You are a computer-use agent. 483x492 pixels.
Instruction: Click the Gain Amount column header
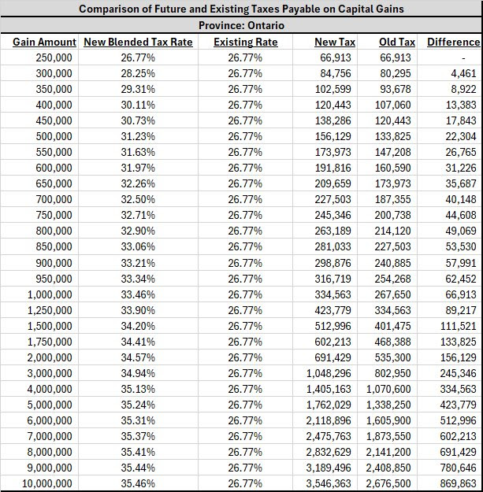click(44, 42)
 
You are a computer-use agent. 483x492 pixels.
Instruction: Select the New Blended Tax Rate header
click(138, 42)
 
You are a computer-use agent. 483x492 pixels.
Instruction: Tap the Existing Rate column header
click(246, 42)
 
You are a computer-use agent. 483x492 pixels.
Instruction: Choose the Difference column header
click(454, 42)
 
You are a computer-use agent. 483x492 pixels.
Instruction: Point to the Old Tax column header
click(397, 42)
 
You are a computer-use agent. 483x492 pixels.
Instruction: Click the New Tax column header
click(335, 42)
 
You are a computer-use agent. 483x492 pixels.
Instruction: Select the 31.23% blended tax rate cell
click(138, 136)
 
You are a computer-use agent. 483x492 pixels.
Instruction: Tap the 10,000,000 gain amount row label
click(47, 483)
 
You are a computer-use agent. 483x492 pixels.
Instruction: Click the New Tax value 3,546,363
click(329, 483)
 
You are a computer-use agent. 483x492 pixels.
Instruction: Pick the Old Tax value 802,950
click(392, 373)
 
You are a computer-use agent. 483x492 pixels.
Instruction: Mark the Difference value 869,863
click(459, 483)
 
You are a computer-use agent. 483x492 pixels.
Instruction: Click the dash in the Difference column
click(463, 58)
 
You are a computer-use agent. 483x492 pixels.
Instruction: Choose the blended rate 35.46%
click(138, 483)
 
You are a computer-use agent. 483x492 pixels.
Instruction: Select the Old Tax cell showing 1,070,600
click(388, 389)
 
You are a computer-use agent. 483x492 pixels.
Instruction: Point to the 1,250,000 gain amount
click(50, 310)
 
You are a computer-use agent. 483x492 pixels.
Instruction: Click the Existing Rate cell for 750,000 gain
click(245, 215)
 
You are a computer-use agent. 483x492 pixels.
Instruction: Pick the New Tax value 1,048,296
click(329, 373)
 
